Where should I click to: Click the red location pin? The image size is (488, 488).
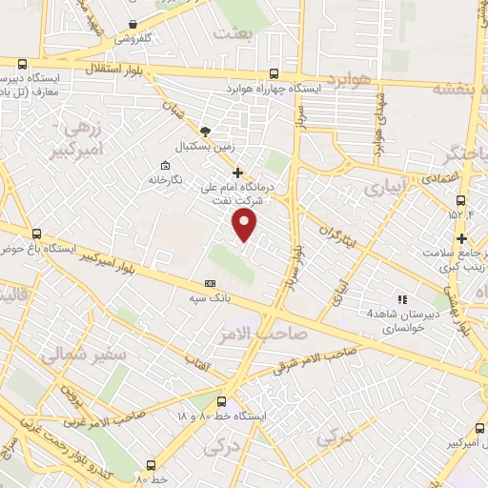pos(246,225)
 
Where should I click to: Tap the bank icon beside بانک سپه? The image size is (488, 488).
pos(210,283)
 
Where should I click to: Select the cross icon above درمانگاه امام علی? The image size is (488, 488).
pos(237,172)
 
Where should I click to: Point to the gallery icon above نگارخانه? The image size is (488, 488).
pos(152,162)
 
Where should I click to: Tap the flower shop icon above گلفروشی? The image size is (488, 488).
pos(132,25)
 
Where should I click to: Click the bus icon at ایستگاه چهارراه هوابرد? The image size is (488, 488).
pos(275,72)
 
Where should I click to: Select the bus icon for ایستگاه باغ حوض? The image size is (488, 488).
pos(37,234)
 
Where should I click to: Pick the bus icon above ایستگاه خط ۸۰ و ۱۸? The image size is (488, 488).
pos(221,401)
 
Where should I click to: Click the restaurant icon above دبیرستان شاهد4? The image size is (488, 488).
pos(401,298)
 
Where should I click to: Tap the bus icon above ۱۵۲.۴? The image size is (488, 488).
pos(461,201)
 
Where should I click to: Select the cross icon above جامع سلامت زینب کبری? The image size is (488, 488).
pos(462,238)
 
